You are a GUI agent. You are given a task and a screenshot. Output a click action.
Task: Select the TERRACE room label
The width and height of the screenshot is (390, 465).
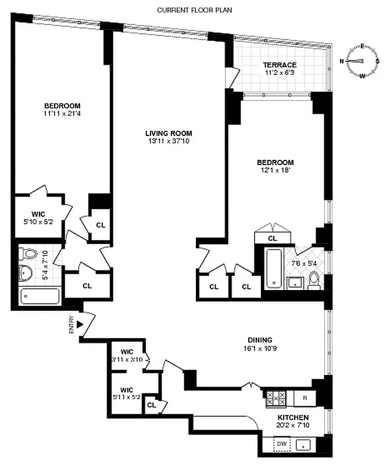[x=280, y=65]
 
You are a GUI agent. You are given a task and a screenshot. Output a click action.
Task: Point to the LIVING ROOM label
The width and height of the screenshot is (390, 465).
[x=169, y=133]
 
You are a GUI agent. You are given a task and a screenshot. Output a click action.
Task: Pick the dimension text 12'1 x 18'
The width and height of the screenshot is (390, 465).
[x=276, y=170]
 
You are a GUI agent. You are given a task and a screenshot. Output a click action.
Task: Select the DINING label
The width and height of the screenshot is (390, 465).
[x=259, y=340]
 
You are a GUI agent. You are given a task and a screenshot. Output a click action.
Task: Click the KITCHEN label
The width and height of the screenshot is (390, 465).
[x=292, y=418]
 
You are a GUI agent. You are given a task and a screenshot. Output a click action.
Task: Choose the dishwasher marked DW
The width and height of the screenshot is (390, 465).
[x=282, y=444]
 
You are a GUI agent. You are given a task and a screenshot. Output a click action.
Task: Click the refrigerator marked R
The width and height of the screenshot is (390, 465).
[x=305, y=398]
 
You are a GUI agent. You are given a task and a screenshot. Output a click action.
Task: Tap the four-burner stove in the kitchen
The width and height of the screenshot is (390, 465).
[x=275, y=398]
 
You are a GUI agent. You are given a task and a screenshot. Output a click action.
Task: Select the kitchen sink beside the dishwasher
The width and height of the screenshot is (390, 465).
[x=305, y=445]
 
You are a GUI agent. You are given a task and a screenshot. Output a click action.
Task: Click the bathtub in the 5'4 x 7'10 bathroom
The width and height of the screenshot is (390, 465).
[x=40, y=296]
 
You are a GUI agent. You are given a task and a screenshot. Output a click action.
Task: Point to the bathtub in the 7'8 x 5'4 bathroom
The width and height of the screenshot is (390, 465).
[x=274, y=268]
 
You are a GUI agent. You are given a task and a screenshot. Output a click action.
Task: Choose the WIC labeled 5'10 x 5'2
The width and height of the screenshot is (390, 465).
[x=38, y=218]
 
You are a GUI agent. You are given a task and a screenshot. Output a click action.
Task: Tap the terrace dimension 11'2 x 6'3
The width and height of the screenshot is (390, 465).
[x=280, y=73]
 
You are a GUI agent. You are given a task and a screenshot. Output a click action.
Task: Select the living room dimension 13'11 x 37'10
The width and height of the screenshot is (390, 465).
[x=169, y=141]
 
